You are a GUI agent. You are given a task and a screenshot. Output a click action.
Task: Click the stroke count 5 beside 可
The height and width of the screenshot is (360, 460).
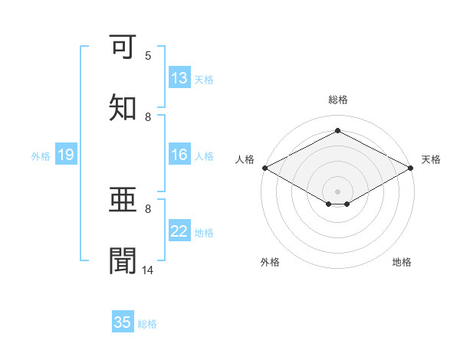[148, 56]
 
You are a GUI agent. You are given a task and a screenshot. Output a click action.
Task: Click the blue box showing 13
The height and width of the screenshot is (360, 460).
[179, 78]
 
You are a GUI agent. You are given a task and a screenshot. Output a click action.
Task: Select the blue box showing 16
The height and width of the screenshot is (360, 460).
[179, 155]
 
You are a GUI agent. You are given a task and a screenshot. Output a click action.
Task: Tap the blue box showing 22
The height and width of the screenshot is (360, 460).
[179, 231]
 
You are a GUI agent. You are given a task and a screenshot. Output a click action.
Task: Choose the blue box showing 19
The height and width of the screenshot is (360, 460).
[66, 155]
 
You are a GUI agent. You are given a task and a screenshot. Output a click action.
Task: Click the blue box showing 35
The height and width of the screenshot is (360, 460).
[123, 322]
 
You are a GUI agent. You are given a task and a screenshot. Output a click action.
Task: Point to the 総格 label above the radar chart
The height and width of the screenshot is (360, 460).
[337, 100]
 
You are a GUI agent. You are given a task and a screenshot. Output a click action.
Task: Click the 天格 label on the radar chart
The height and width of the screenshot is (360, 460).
[431, 159]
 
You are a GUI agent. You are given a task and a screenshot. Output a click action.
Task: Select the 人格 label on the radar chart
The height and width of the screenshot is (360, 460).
[245, 159]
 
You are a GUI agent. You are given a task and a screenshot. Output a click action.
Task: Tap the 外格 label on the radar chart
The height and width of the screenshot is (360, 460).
[270, 262]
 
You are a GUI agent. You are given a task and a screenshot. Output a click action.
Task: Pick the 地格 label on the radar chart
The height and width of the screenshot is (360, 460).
[402, 262]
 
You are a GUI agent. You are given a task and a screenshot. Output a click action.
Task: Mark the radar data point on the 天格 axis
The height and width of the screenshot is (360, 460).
[412, 168]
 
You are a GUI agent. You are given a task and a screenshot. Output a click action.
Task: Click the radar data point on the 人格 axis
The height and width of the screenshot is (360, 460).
[264, 168]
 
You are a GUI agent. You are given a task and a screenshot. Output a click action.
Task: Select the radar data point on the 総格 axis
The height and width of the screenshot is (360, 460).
[337, 131]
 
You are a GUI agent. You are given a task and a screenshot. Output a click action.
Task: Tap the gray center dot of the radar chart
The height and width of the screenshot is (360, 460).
[337, 191]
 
